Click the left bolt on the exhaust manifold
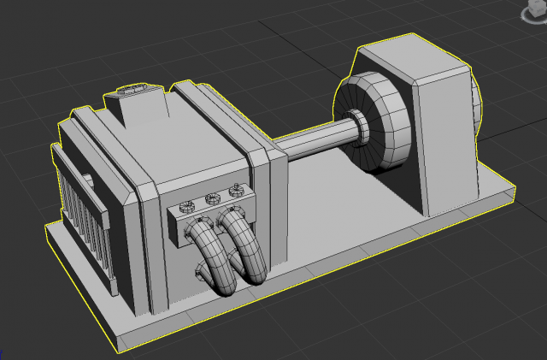tap(185, 206)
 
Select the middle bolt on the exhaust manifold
tap(210, 200)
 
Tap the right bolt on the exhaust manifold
tap(233, 192)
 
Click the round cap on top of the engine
tap(134, 88)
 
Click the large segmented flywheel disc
tap(380, 124)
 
